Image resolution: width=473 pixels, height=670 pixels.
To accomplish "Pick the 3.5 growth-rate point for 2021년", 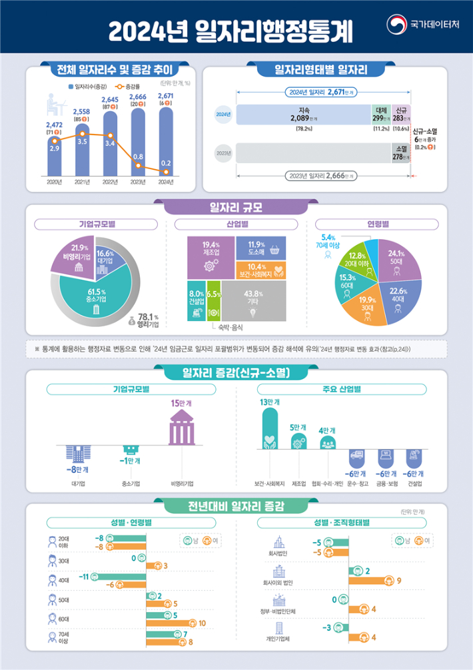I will [82, 141].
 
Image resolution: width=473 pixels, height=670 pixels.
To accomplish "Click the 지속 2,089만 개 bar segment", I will [303, 114].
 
